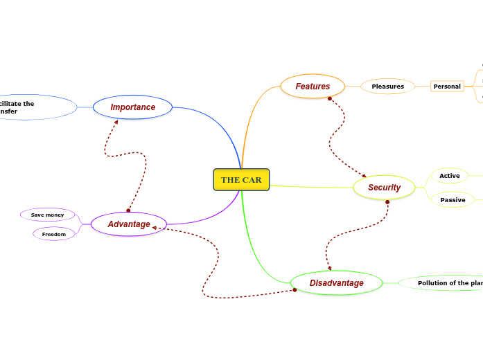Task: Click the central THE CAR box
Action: pyautogui.click(x=241, y=180)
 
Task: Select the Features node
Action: pyautogui.click(x=313, y=87)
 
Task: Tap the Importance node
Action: pyautogui.click(x=132, y=107)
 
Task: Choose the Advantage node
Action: pyautogui.click(x=129, y=224)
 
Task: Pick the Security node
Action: pyautogui.click(x=384, y=188)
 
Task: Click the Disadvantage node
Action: pyautogui.click(x=336, y=283)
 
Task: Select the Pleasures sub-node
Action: pyautogui.click(x=387, y=87)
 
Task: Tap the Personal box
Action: pyautogui.click(x=447, y=87)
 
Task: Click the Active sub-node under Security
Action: pyautogui.click(x=449, y=176)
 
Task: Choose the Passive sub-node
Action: pyautogui.click(x=453, y=200)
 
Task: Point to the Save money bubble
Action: pyautogui.click(x=47, y=215)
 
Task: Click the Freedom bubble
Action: pyautogui.click(x=53, y=234)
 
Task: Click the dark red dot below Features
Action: pyautogui.click(x=330, y=98)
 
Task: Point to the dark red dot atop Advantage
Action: pyautogui.click(x=128, y=210)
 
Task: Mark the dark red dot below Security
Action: pyautogui.click(x=387, y=202)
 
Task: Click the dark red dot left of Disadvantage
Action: pyautogui.click(x=295, y=290)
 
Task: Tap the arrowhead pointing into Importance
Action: pyautogui.click(x=116, y=123)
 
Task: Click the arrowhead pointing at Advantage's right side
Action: pyautogui.click(x=155, y=227)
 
